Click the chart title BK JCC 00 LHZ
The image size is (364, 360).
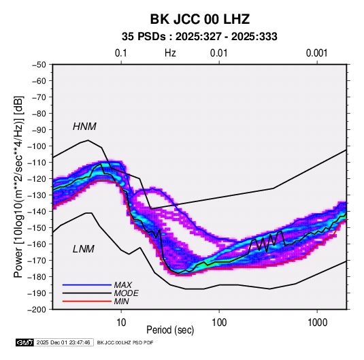pyautogui.click(x=200, y=19)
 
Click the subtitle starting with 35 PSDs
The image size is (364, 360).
pyautogui.click(x=199, y=37)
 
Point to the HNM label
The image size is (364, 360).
pyautogui.click(x=84, y=127)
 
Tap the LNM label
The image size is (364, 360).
pyautogui.click(x=84, y=249)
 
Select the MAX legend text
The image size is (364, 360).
pyautogui.click(x=123, y=284)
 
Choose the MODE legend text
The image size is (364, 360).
pyautogui.click(x=127, y=293)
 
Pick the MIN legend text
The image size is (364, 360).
pyautogui.click(x=121, y=301)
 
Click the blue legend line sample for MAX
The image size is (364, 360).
pyautogui.click(x=87, y=284)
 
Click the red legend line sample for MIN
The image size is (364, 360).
pyautogui.click(x=87, y=301)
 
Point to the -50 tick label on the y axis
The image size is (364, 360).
pyautogui.click(x=39, y=65)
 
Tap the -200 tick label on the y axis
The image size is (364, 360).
pyautogui.click(x=37, y=310)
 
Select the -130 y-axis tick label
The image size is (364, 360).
pyautogui.click(x=37, y=195)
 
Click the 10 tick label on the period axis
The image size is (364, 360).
pyautogui.click(x=121, y=323)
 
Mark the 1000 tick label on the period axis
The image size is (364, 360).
pyautogui.click(x=317, y=323)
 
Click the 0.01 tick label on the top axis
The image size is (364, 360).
pyautogui.click(x=218, y=53)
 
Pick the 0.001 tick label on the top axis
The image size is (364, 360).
pyautogui.click(x=316, y=53)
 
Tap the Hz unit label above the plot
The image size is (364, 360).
pyautogui.click(x=170, y=53)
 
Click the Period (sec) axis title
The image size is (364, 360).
pyautogui.click(x=170, y=330)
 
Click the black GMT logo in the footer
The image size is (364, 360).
pyautogui.click(x=25, y=342)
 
